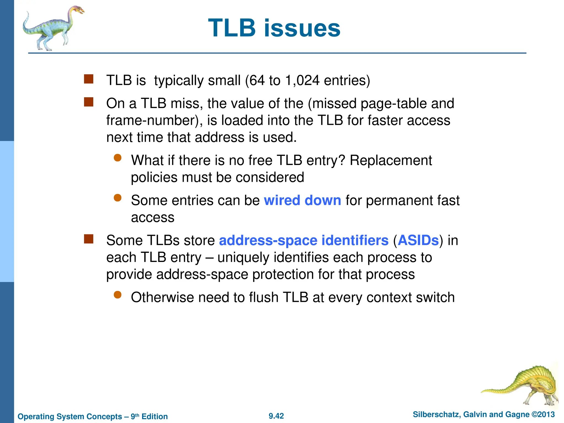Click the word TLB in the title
232,28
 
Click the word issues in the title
302,28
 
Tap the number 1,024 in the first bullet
302,80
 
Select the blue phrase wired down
302,200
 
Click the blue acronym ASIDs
418,240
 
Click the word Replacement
391,160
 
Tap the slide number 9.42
276,416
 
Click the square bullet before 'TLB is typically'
89,79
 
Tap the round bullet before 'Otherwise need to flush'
118,295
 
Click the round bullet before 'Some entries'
118,198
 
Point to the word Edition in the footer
154,416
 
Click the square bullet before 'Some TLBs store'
89,239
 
